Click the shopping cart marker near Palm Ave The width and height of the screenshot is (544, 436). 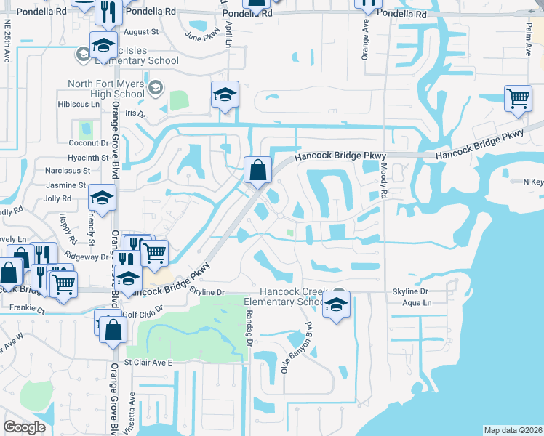coord(518,99)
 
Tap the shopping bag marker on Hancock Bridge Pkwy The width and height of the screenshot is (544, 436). coord(258,172)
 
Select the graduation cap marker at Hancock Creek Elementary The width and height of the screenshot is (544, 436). coord(337,306)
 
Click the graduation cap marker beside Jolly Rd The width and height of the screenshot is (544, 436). coord(102,198)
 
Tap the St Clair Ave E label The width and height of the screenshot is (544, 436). coord(148,362)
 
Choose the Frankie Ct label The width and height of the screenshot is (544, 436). coord(28,310)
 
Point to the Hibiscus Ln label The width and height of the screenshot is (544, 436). coord(77,104)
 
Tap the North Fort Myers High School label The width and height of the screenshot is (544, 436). coord(106,89)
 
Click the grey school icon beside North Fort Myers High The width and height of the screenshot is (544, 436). coord(155,89)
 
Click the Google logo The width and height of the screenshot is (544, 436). coord(24,427)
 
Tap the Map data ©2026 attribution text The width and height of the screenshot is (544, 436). coord(512,430)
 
